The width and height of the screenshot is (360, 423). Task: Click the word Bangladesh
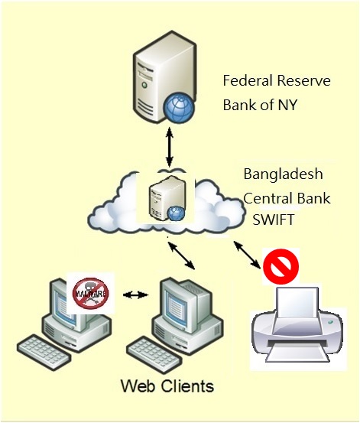[x=283, y=174]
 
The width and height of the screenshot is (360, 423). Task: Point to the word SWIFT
[x=274, y=220]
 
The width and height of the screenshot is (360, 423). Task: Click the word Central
[x=264, y=198]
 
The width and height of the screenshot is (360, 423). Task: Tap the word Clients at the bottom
[x=188, y=386]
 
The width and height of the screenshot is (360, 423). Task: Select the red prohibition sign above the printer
[x=281, y=266]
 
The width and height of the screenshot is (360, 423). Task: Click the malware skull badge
[x=91, y=293]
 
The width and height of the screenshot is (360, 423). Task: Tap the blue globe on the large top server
[x=179, y=108]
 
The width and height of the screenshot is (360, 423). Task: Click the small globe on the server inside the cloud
[x=177, y=213]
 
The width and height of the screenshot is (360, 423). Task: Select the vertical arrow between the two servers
[x=170, y=148]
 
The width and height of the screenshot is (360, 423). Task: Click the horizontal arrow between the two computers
[x=135, y=294]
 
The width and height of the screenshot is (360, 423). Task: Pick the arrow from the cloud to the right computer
[x=181, y=255]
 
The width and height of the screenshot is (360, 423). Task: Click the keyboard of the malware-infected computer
[x=44, y=351]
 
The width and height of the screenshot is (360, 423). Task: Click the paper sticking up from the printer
[x=298, y=302]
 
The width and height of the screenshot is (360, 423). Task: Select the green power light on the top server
[x=144, y=85]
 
